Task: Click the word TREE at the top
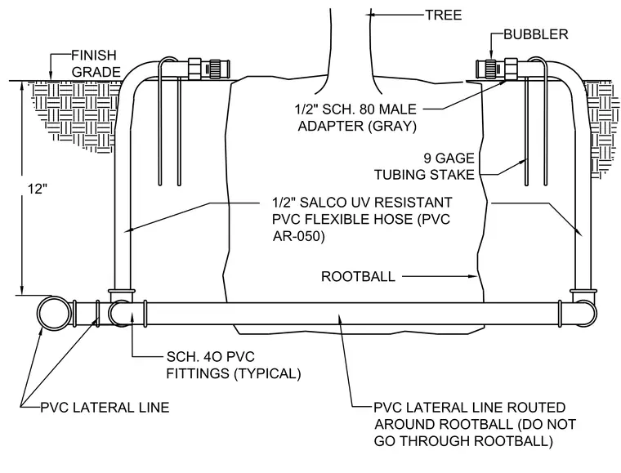tap(444, 15)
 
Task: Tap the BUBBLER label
tap(536, 34)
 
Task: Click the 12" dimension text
tap(38, 189)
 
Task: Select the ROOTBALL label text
tap(358, 276)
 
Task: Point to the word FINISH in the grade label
tap(94, 55)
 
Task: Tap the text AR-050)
tap(298, 236)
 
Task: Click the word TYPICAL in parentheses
tap(268, 373)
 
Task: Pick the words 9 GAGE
tap(449, 158)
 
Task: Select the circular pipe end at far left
tap(53, 313)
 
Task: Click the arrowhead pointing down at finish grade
tap(50, 76)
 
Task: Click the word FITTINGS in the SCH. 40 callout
tap(198, 373)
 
